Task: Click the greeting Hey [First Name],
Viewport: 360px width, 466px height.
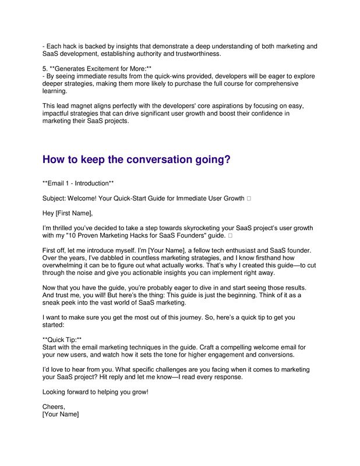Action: point(68,213)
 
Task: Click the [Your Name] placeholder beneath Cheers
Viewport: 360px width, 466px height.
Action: point(61,414)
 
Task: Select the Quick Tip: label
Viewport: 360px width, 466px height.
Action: point(62,339)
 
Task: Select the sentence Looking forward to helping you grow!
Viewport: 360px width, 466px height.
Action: point(96,392)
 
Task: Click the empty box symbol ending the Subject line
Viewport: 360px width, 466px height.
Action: point(249,199)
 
